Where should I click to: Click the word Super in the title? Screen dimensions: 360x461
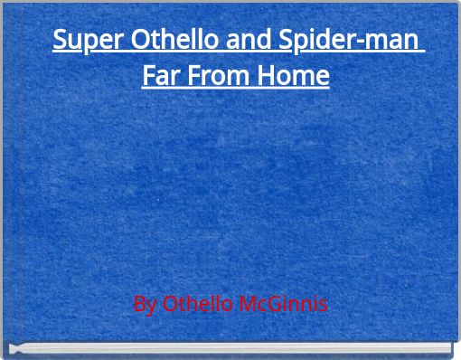tap(80, 42)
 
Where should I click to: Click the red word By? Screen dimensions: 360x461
tap(145, 304)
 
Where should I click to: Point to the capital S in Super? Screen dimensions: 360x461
tap(60, 42)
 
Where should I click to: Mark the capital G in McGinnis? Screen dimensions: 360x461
tap(277, 304)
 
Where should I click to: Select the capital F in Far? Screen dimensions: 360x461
tap(148, 75)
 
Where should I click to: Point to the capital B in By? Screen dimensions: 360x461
tap(138, 304)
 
